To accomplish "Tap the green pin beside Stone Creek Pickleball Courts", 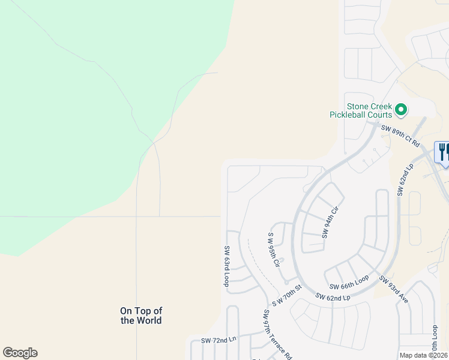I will coord(401,110).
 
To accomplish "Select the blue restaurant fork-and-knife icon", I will coord(443,151).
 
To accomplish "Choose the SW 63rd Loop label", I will coord(227,266).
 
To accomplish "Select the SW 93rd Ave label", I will coord(394,289).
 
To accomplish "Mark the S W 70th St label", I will coord(286,297).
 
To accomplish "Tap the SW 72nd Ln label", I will coord(219,340).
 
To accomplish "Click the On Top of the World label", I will coord(141,316).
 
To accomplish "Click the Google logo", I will coord(20,353).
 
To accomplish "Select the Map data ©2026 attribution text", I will coord(424,355).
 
